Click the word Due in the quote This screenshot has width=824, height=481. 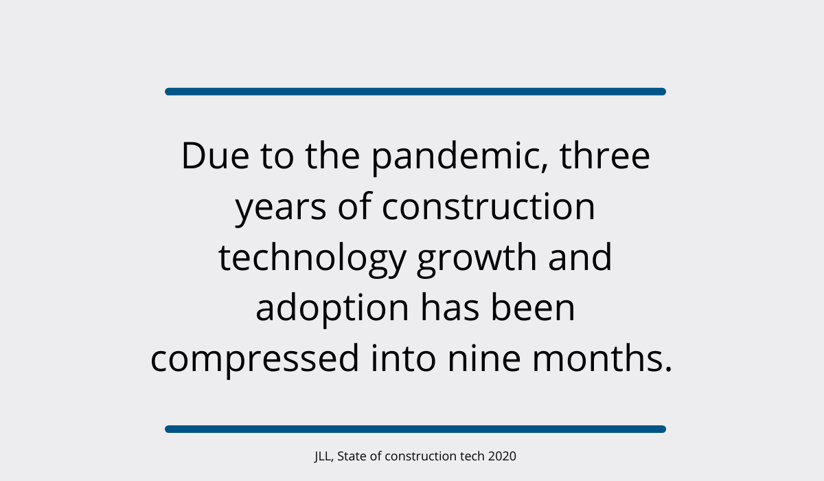[x=216, y=156]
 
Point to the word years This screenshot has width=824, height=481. [x=281, y=209]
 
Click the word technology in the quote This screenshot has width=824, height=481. [x=312, y=259]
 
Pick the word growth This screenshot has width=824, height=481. [x=477, y=259]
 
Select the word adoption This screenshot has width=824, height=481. [x=332, y=309]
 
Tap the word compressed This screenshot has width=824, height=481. [x=255, y=361]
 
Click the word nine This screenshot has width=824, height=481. [x=484, y=358]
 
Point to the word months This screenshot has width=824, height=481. [x=602, y=358]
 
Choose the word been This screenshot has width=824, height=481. [x=533, y=307]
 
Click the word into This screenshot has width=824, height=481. [x=404, y=358]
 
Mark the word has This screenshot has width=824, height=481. [x=450, y=307]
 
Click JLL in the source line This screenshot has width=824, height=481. [x=323, y=457]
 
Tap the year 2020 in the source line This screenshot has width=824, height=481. [x=502, y=456]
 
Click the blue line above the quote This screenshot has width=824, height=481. [x=415, y=91]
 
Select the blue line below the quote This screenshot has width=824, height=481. [x=415, y=429]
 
